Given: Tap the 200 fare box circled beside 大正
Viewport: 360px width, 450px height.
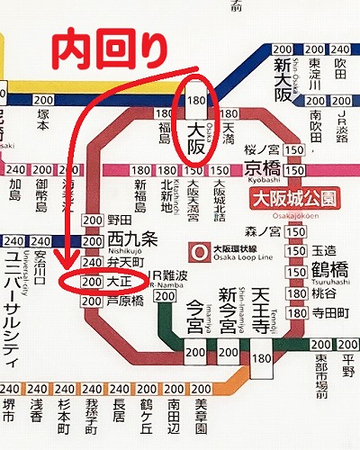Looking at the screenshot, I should [x=91, y=282].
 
